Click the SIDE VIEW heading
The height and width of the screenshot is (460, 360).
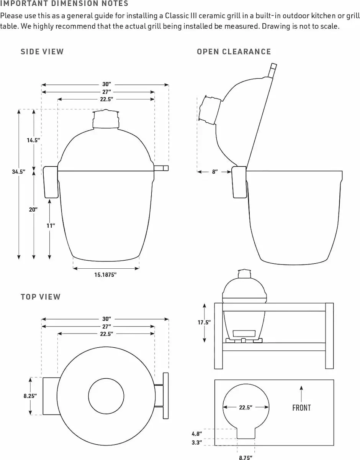pos(42,52)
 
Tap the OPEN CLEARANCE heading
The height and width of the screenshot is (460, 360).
pos(234,52)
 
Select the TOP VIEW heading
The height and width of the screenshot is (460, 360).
pos(41,297)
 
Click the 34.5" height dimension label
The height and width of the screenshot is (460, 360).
pos(18,172)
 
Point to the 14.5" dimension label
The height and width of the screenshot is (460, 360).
pos(33,140)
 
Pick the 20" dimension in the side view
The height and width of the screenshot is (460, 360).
pos(33,210)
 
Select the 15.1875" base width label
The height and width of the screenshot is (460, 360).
pos(105,274)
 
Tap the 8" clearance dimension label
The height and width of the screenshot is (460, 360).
pos(215,172)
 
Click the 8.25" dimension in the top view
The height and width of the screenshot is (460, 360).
pos(30,396)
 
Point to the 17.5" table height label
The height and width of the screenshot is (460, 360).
pos(204,322)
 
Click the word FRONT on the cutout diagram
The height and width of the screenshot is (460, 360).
pos(301,408)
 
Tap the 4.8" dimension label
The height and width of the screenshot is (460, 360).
pos(196,434)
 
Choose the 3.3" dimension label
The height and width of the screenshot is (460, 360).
pos(196,443)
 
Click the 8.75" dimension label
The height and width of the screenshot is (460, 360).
pos(245,457)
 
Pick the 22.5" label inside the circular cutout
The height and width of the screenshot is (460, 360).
pos(245,407)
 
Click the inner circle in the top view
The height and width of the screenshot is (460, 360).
pos(106,396)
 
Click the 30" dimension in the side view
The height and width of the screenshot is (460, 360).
pos(106,84)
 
